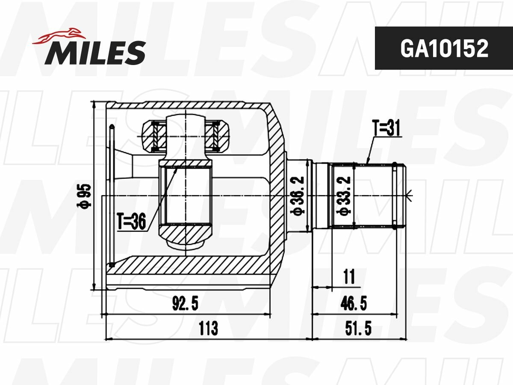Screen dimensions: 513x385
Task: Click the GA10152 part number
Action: (x=444, y=48)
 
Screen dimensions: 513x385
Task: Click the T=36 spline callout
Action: (x=132, y=221)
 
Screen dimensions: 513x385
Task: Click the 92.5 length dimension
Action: (x=186, y=303)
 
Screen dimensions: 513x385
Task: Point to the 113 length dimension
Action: (x=208, y=328)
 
